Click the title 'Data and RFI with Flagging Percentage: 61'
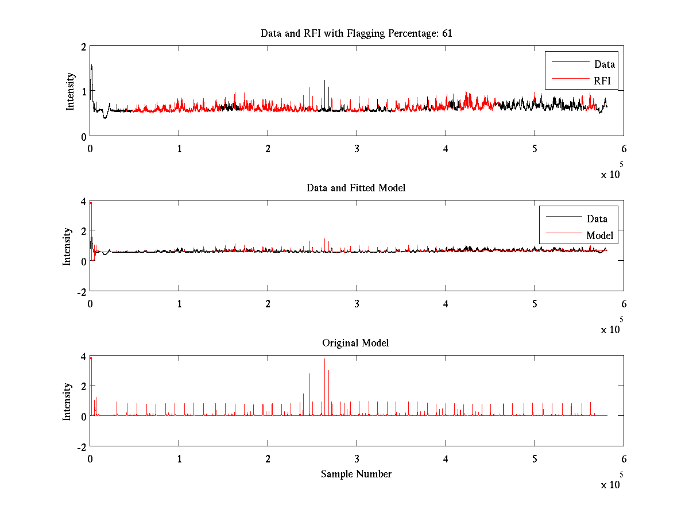coord(357,33)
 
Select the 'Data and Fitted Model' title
coord(357,188)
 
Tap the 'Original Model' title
coord(355,343)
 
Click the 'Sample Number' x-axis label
coord(356,474)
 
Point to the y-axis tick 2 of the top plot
coord(84,47)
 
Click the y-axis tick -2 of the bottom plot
coord(82,447)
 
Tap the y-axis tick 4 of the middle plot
coord(84,202)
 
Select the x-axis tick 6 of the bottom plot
coord(624,459)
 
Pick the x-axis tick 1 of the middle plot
coord(179,304)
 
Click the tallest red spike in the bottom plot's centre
coord(325,360)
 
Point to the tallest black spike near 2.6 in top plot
coord(325,81)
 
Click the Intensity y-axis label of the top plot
coord(70,91)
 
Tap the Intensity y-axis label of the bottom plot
coord(67,401)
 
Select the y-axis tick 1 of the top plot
coord(84,91)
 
